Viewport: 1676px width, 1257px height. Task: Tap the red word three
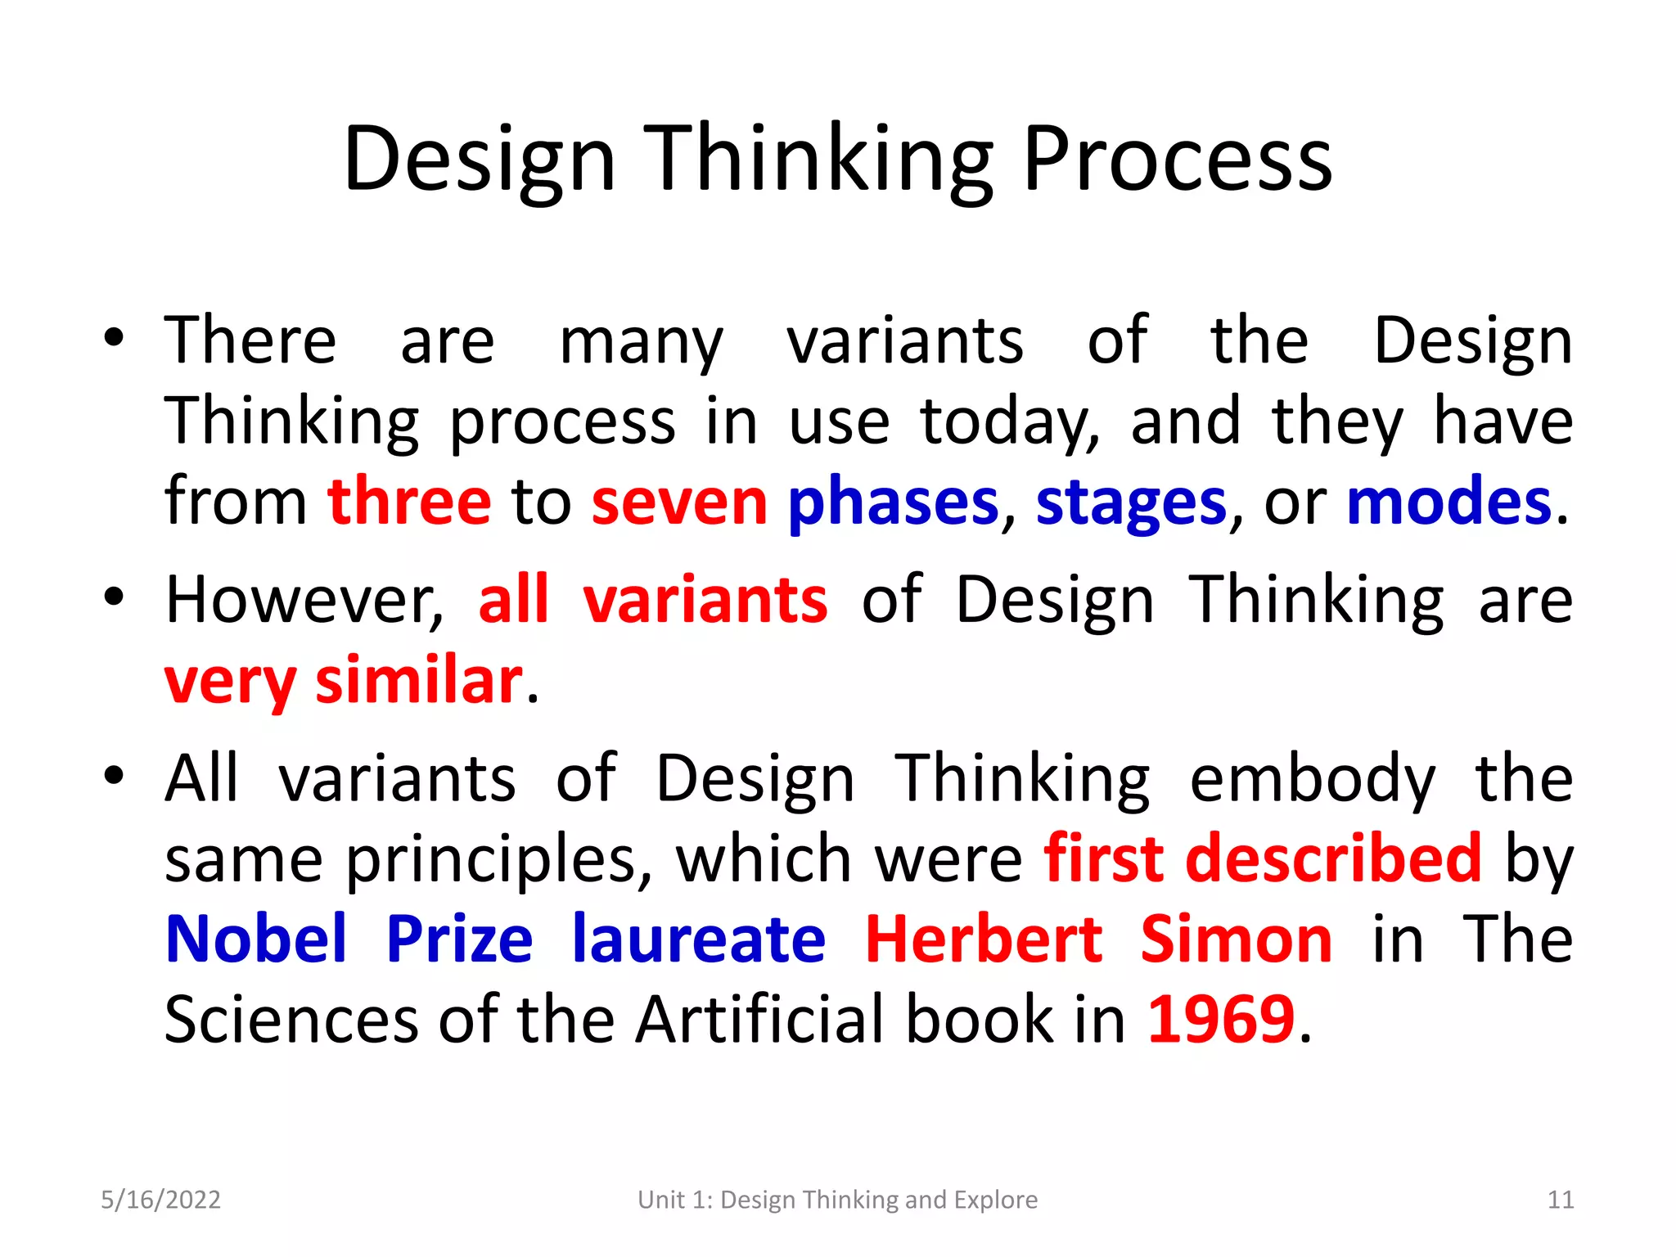409,502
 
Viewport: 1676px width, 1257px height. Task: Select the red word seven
679,502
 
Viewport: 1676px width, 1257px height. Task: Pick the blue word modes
1448,502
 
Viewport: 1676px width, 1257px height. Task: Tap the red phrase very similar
344,681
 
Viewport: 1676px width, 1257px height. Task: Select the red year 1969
1221,1020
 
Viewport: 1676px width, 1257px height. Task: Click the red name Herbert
984,939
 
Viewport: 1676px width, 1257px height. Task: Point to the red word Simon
1236,939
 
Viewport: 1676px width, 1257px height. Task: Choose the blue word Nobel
256,939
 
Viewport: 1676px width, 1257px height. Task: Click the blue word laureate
699,939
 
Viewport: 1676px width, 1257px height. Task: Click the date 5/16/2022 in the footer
160,1200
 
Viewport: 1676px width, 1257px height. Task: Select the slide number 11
1561,1200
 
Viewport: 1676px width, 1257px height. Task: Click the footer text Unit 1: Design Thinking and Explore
837,1200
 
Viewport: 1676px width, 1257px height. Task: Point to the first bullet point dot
114,336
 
